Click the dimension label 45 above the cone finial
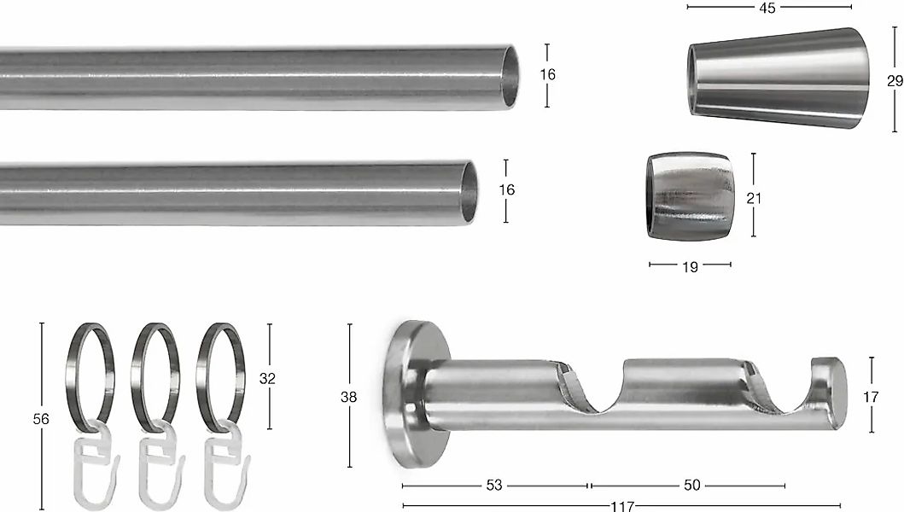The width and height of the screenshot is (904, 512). click(767, 8)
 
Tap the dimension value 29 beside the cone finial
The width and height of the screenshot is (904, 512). click(895, 81)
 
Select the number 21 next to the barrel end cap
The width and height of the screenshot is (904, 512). click(754, 198)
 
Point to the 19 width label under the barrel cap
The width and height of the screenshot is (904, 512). click(690, 267)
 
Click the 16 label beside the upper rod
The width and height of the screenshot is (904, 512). click(548, 74)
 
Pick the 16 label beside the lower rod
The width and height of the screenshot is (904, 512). click(506, 189)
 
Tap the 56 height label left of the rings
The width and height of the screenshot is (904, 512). click(41, 419)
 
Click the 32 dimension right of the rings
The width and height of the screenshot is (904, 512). click(267, 378)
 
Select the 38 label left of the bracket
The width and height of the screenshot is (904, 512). click(349, 397)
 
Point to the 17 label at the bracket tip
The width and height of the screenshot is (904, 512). click(871, 397)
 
